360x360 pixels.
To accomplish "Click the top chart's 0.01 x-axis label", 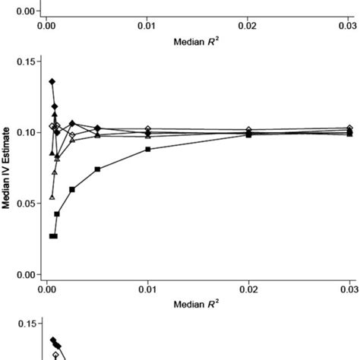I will [x=147, y=26].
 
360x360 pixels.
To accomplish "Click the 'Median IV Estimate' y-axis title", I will [x=7, y=167].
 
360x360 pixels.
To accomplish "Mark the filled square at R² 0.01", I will [x=148, y=149].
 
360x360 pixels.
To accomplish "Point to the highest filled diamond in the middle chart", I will [x=52, y=81].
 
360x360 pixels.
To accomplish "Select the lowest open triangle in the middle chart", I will [x=52, y=197].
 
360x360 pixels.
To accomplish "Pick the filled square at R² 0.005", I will [x=98, y=169].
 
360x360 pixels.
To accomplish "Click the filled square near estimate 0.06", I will [x=72, y=189].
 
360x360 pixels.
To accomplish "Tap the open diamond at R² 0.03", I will [x=349, y=128].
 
